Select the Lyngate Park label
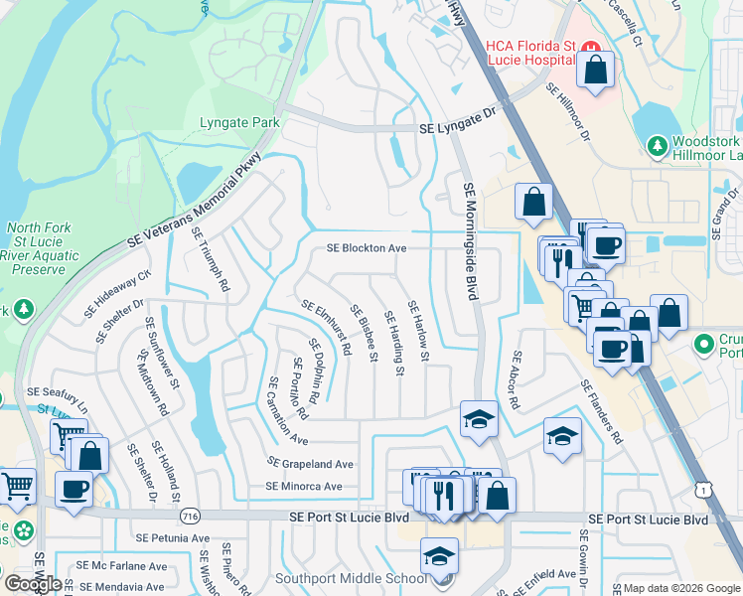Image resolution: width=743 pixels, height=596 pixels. (239, 123)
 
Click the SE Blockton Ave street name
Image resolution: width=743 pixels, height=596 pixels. (368, 248)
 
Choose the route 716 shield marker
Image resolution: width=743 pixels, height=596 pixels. (192, 517)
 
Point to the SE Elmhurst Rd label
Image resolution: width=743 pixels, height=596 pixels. (327, 329)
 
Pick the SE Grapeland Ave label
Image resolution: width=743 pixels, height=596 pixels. (310, 463)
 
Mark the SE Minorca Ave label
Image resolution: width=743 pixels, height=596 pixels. (304, 487)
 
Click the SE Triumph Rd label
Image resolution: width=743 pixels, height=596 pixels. (211, 260)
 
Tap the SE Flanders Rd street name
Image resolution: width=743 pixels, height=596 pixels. (601, 411)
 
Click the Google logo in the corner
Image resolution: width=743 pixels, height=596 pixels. (32, 584)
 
